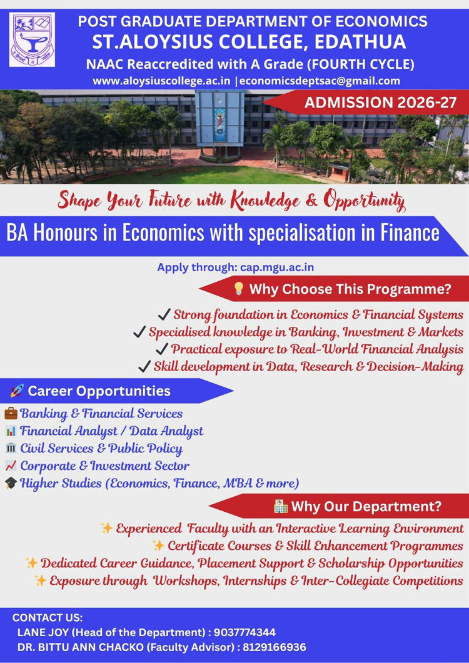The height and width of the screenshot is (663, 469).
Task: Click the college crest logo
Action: click(32, 40)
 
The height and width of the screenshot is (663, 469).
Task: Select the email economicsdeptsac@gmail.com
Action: click(320, 81)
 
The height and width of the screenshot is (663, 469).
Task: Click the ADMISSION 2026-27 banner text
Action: click(380, 102)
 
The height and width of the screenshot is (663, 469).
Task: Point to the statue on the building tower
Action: click(219, 124)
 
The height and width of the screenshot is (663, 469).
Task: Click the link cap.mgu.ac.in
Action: click(277, 267)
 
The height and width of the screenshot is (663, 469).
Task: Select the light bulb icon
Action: click(239, 289)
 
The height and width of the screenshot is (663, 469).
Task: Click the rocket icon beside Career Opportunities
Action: click(17, 391)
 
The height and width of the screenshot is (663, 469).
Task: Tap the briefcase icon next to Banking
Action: click(11, 412)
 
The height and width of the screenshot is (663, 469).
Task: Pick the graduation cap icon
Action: click(11, 483)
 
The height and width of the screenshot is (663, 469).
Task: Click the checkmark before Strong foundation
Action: click(164, 314)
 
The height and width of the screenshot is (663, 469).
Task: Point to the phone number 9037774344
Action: click(245, 632)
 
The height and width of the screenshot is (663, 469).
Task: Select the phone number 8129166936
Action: click(275, 647)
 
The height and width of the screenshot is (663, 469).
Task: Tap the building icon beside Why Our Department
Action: click(280, 506)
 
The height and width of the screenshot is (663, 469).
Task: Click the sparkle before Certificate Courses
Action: click(159, 546)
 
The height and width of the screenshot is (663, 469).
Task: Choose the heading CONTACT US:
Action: click(48, 617)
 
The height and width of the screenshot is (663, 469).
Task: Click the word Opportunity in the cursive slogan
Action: click(365, 200)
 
